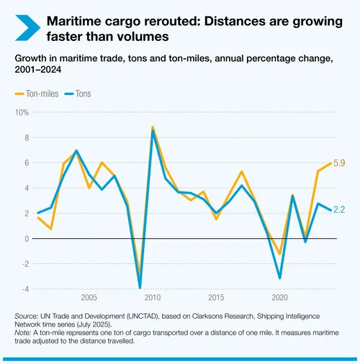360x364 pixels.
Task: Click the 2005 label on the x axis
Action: point(89,298)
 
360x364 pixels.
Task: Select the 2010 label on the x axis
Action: point(151,298)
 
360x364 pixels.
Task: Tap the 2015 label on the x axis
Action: point(215,298)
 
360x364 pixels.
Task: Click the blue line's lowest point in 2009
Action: point(140,288)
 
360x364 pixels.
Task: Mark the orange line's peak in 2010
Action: point(152,127)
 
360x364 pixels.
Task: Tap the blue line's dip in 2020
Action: point(279,278)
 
